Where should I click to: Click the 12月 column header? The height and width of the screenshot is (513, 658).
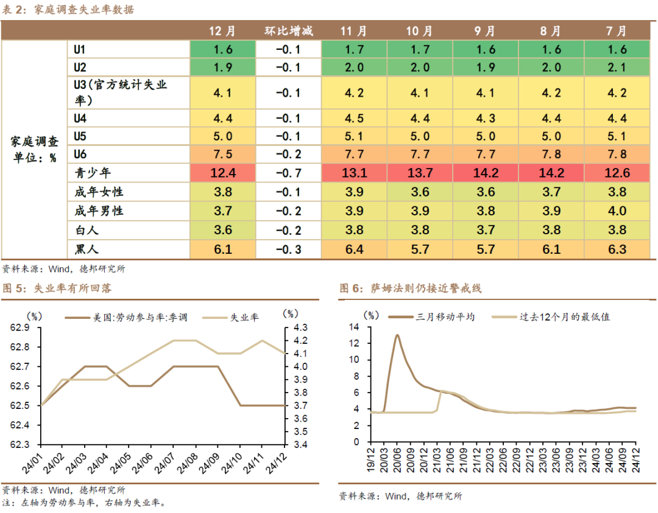[x=222, y=31]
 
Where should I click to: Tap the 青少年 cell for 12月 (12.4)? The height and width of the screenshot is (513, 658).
[x=222, y=173]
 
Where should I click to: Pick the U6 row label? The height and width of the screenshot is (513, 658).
[x=80, y=154]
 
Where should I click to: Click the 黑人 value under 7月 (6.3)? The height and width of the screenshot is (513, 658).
[x=617, y=249]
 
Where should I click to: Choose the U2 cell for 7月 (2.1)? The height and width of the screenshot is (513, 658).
[x=617, y=68]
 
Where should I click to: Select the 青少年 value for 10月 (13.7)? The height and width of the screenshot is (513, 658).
[x=419, y=173]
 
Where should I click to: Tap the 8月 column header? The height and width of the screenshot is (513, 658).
[x=551, y=31]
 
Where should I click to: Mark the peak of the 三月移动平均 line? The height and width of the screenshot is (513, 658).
[x=397, y=335]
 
